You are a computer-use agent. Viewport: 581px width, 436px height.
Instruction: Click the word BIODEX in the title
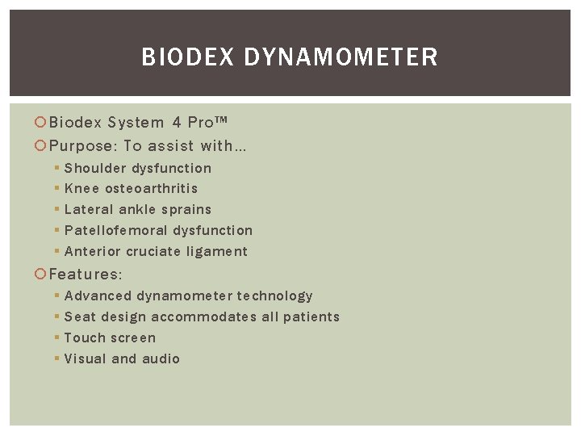(x=188, y=57)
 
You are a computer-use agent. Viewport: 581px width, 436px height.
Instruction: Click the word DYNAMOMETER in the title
(x=341, y=57)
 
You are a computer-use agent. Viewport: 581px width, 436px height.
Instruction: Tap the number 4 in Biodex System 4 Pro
(x=176, y=123)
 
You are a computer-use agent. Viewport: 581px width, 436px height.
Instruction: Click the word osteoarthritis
(x=152, y=188)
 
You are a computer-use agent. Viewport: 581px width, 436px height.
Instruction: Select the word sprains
(x=188, y=210)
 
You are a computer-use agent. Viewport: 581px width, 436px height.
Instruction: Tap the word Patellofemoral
(x=115, y=230)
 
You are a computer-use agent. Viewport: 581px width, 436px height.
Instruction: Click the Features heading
(x=86, y=275)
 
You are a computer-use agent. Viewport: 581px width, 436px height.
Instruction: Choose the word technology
(x=275, y=296)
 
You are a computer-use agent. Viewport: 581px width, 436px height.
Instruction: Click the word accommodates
(x=204, y=317)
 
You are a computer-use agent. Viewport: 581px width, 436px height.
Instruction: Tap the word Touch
(x=84, y=337)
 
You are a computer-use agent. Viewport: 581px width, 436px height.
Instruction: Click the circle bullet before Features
(x=41, y=275)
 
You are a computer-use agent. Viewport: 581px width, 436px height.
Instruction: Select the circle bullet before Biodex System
(x=41, y=123)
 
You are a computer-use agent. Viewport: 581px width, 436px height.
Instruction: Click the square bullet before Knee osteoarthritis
(x=56, y=188)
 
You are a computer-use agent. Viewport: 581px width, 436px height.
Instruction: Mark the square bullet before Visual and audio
(x=56, y=358)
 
